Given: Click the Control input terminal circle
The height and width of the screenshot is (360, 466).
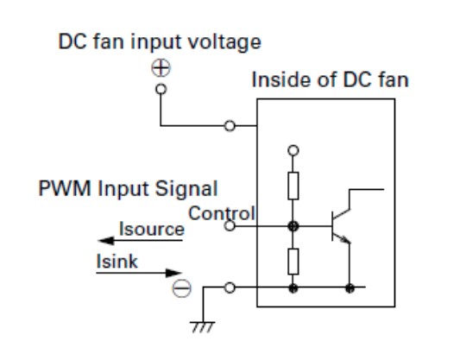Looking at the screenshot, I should point(229,226).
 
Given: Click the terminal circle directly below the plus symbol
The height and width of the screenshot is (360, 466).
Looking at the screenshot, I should point(161,86).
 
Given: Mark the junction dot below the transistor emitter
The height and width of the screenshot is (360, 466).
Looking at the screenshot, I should point(350,287).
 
